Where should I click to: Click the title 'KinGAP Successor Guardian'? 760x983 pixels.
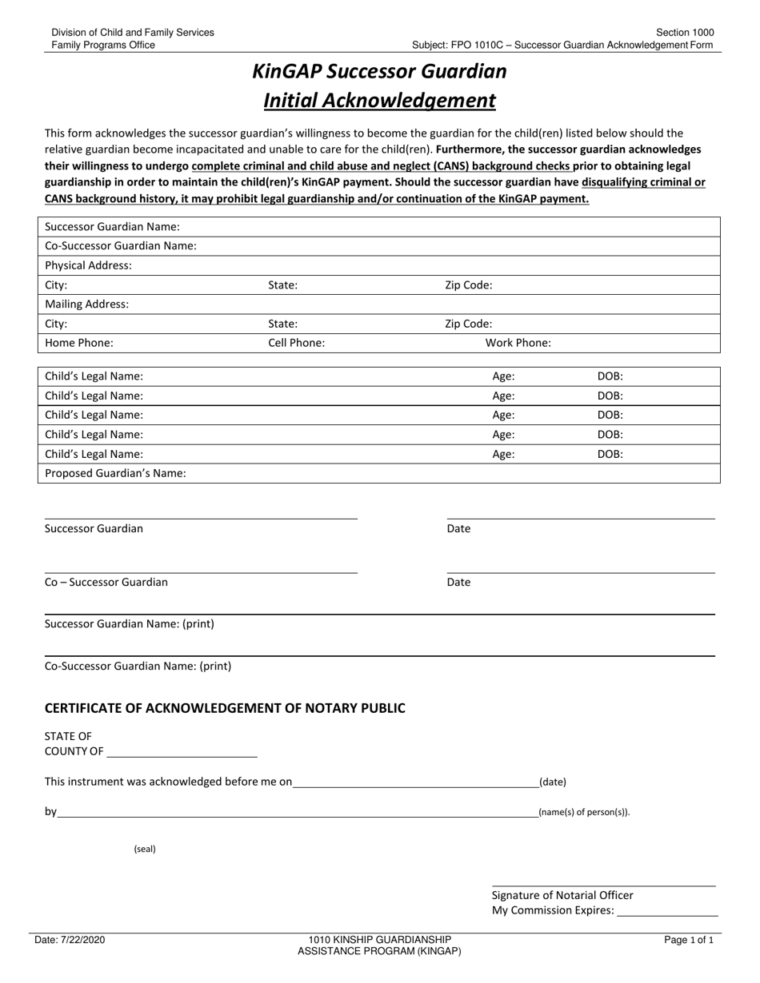point(379,72)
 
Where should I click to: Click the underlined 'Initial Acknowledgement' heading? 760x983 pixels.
point(379,101)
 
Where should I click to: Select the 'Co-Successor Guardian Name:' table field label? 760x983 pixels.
point(121,246)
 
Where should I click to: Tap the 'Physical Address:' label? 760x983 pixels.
point(88,265)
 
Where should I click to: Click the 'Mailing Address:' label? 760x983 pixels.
point(86,304)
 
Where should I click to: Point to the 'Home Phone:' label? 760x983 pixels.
point(79,343)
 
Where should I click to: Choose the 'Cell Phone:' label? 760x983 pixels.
point(296,343)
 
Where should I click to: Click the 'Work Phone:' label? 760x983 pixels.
point(518,343)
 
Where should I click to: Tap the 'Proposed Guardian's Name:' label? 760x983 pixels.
point(115,473)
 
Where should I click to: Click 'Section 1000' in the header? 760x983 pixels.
point(685,33)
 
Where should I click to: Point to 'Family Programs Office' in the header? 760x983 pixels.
point(103,46)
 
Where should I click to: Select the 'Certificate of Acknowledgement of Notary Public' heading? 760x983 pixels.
point(225,708)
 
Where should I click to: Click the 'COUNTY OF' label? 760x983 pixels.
point(74,751)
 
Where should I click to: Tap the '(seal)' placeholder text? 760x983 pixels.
point(145,850)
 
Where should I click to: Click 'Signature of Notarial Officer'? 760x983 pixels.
point(562,896)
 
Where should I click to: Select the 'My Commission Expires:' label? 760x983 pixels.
point(553,910)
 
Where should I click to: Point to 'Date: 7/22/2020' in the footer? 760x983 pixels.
point(70,941)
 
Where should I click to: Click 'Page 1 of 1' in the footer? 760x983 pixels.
point(689,941)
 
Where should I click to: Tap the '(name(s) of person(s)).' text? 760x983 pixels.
point(584,813)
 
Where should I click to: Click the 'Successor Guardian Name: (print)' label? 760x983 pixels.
point(130,624)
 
